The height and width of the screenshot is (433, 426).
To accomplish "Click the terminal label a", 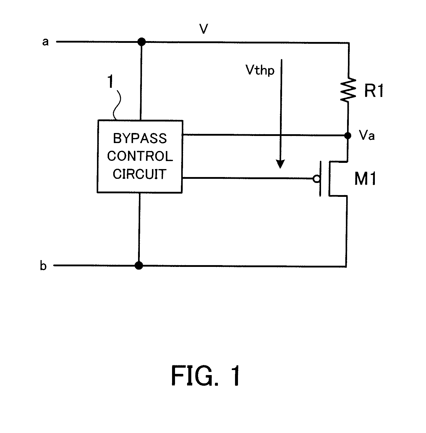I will point(45,42).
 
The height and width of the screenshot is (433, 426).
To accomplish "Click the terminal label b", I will point(43,266).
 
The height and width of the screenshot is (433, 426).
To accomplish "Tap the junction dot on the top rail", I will point(142,42).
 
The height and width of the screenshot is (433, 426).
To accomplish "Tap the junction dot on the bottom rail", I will point(138,265).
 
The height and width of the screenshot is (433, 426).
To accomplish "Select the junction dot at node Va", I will point(348,136).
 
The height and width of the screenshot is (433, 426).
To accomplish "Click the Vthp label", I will point(260,70).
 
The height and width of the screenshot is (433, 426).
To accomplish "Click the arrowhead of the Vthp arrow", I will point(280,164).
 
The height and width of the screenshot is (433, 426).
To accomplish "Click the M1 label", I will point(365,179).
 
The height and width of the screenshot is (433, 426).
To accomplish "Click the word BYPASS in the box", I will point(140,139).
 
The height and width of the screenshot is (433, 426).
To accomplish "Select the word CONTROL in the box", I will point(140,156).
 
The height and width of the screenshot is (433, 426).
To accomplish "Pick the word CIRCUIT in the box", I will point(140,174).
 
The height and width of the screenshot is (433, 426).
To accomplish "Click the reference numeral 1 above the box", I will point(110,82).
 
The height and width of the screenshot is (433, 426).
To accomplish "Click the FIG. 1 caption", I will point(206,376).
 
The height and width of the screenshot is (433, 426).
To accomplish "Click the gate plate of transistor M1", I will point(320,179).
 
